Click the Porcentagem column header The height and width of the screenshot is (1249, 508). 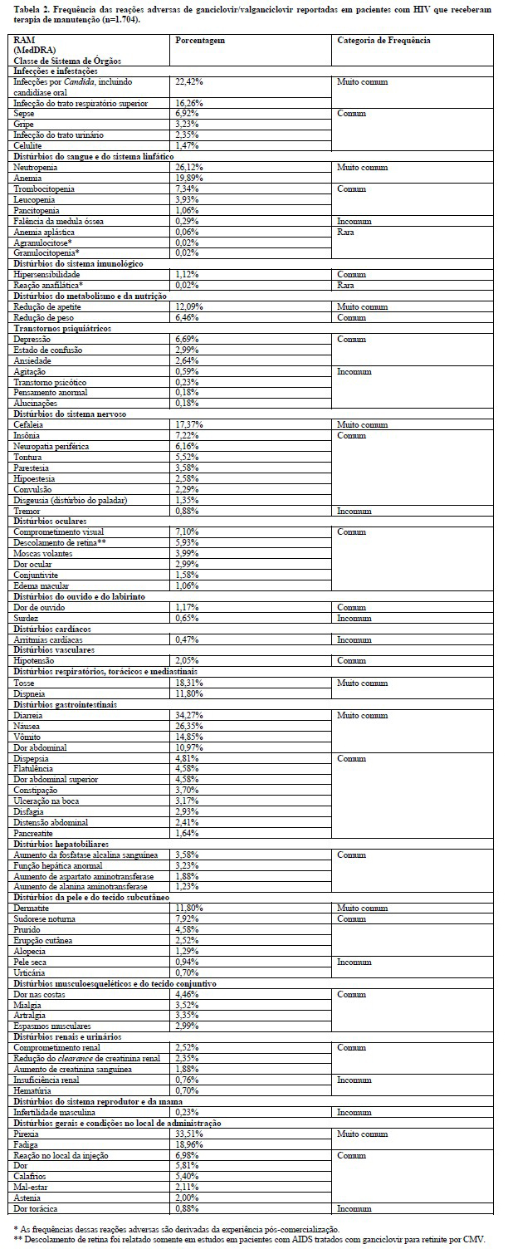tap(200, 40)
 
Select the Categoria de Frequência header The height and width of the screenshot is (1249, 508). tap(383, 40)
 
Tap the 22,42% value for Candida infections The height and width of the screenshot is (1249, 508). tap(189, 82)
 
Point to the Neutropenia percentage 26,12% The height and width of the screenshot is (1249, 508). tap(189, 167)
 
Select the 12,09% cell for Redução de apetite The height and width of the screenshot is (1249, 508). tap(189, 306)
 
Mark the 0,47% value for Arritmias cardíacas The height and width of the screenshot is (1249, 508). tap(188, 639)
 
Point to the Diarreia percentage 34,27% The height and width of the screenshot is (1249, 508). tap(189, 715)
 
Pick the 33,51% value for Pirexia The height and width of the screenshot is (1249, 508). tap(189, 1133)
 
